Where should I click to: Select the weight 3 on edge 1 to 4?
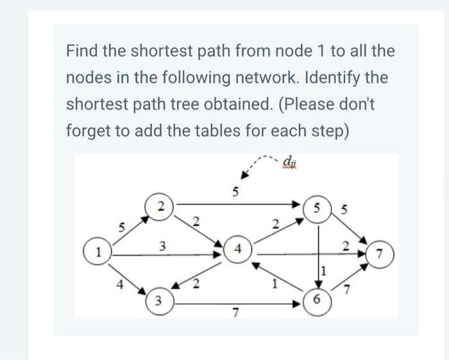pyautogui.click(x=162, y=245)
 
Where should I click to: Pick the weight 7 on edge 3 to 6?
pyautogui.click(x=236, y=313)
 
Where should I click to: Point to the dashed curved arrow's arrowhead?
pyautogui.click(x=245, y=175)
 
